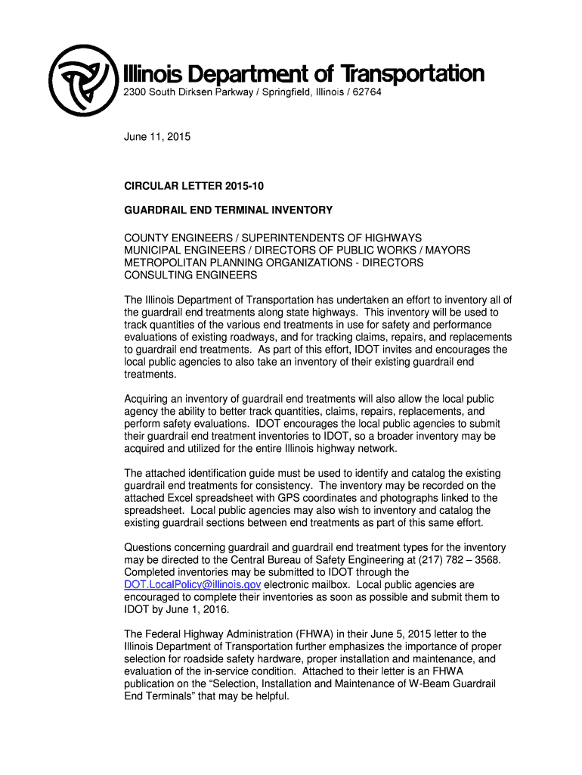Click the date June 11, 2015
coord(157,137)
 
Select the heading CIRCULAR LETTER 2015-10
coord(194,185)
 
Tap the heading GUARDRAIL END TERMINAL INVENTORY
coord(228,210)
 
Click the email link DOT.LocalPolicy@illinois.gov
coord(193,585)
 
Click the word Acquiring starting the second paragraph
coord(150,399)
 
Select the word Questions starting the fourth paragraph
coord(152,548)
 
